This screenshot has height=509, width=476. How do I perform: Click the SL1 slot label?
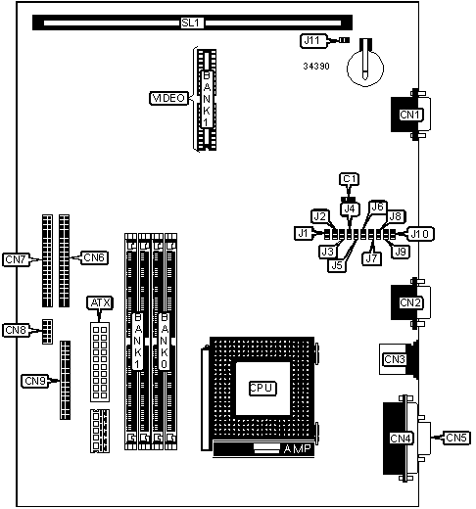pyautogui.click(x=192, y=23)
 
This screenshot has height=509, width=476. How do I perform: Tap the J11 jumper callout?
pyautogui.click(x=313, y=41)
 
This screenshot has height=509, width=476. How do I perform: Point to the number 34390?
pyautogui.click(x=316, y=67)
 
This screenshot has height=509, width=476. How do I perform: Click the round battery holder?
pyautogui.click(x=365, y=68)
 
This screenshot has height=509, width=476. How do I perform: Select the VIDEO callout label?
pyautogui.click(x=168, y=98)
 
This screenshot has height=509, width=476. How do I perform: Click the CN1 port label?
pyautogui.click(x=409, y=115)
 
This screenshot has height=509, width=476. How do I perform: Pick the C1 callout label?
pyautogui.click(x=350, y=179)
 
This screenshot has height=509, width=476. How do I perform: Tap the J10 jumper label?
pyautogui.click(x=420, y=234)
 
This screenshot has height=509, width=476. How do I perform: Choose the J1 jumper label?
pyautogui.click(x=304, y=234)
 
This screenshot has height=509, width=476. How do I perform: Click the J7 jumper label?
pyautogui.click(x=372, y=258)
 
